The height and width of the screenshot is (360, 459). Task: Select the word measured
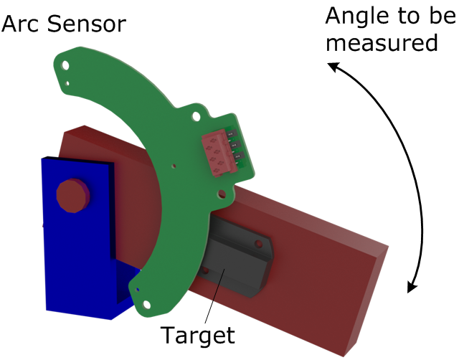coord(381,43)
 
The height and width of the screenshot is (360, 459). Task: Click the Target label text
coord(197,335)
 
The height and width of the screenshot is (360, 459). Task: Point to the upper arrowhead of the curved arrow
coord(333,67)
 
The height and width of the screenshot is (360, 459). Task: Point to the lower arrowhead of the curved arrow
coord(412,288)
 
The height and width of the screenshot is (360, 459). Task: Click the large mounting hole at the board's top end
coord(66,65)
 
